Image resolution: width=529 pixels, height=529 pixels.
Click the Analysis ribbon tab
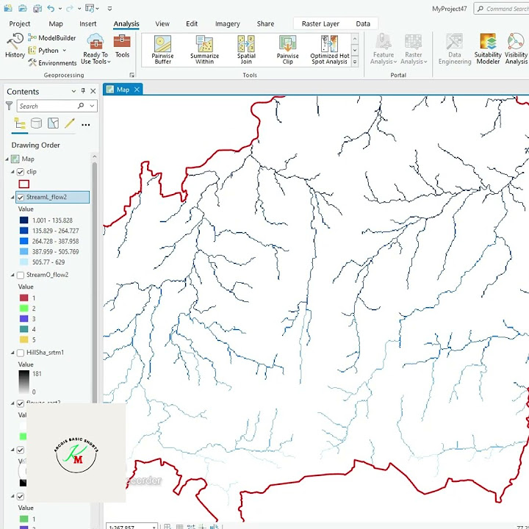126,24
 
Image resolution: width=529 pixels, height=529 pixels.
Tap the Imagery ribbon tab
227,24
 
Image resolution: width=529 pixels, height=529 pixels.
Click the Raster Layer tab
320,24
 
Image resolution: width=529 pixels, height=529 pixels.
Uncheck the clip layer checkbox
21,172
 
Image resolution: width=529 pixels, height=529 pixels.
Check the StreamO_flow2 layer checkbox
21,275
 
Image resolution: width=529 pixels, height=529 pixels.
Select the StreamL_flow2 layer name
46,197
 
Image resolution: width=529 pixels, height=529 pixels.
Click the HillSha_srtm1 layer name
45,353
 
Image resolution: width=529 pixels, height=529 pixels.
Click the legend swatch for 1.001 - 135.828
24,220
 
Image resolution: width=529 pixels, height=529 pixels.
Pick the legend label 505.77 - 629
48,262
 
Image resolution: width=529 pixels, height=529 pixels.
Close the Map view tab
137,90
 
